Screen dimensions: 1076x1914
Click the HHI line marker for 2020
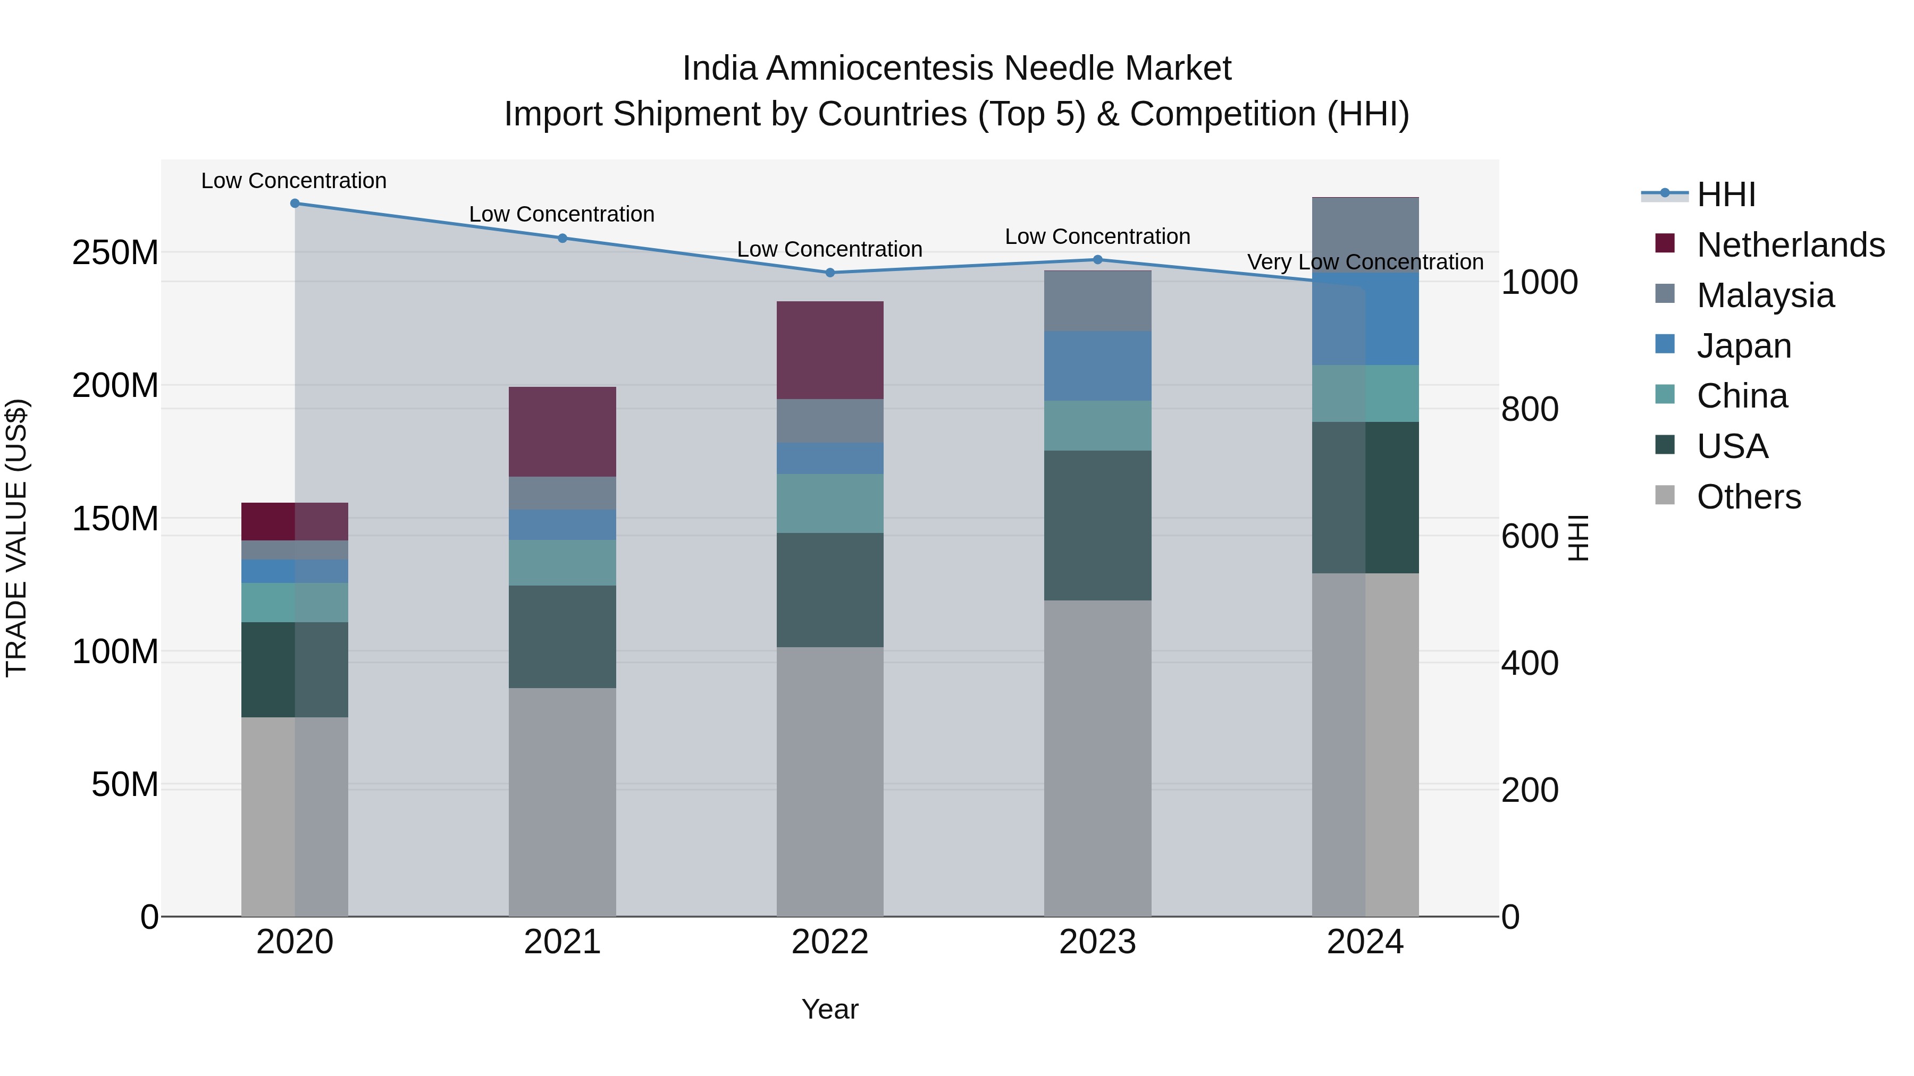tap(295, 204)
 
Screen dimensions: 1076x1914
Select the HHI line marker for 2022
tap(830, 273)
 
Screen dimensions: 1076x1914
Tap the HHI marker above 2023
tap(1097, 260)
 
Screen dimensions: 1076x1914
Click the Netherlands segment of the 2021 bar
tap(563, 431)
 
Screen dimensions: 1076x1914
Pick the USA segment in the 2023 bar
tap(1097, 525)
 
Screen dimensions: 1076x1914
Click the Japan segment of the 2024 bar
tap(1365, 319)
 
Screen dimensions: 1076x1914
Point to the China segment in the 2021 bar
tap(563, 562)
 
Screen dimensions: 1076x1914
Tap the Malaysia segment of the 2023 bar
tap(1097, 301)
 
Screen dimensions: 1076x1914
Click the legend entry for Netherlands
tap(1791, 245)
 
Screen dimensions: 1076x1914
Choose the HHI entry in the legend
tap(1726, 194)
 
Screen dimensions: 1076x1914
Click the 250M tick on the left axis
tap(115, 253)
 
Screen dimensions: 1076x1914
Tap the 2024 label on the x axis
tap(1365, 942)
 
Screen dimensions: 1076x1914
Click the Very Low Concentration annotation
tap(1365, 262)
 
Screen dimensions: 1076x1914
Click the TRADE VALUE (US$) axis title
tap(17, 538)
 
